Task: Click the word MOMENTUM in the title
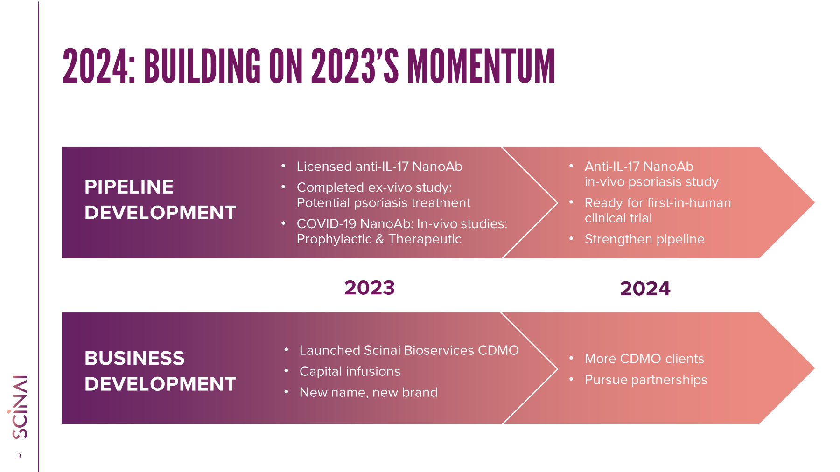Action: point(481,66)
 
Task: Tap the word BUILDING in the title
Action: point(202,66)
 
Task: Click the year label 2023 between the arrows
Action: point(370,288)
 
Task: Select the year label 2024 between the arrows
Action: point(645,288)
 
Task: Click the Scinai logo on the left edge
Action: point(20,407)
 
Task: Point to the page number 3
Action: point(19,456)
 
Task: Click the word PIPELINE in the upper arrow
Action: point(129,187)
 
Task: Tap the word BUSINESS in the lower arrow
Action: point(134,358)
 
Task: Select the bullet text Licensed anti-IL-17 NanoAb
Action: point(379,167)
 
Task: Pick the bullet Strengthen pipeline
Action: point(644,239)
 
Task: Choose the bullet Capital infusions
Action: point(350,371)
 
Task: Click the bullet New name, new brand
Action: point(369,392)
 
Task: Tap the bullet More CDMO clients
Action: point(644,359)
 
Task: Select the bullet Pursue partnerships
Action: point(646,380)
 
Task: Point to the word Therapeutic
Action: point(425,239)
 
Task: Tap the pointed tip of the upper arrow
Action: point(814,202)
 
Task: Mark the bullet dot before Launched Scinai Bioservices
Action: point(286,349)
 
